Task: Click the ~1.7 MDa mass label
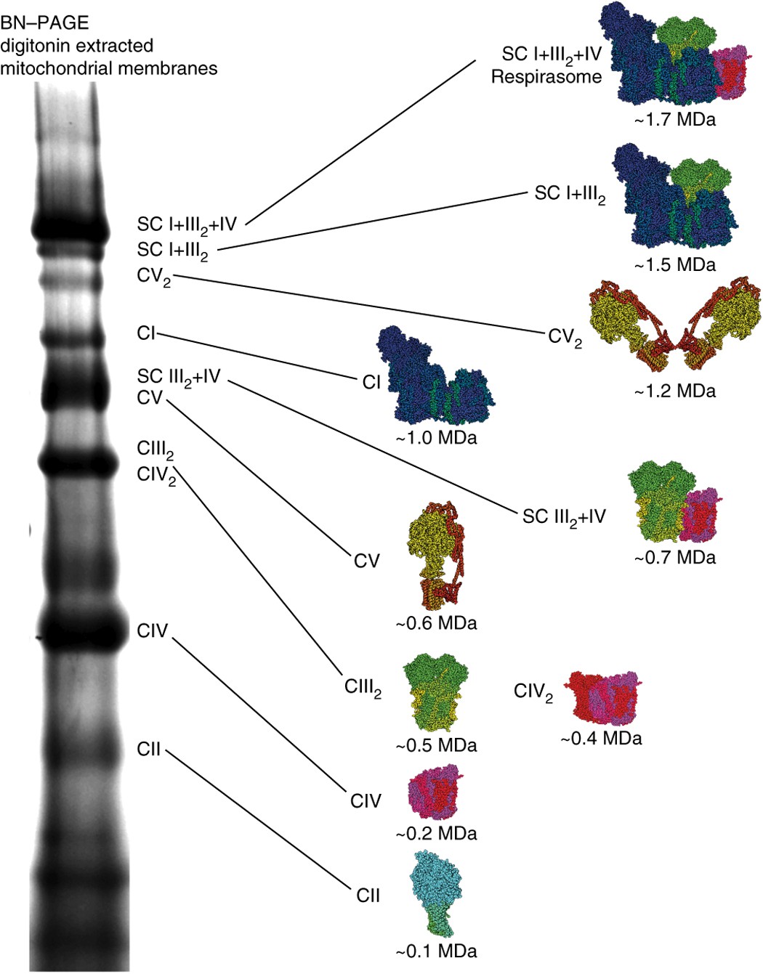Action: point(675,120)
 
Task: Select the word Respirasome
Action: point(546,77)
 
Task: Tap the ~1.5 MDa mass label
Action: point(675,265)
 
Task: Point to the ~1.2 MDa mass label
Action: point(675,391)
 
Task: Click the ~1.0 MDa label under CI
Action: point(437,439)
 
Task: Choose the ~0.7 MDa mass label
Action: point(675,558)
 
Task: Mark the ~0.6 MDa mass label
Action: point(437,623)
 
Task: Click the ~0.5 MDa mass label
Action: point(437,746)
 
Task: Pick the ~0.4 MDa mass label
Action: point(602,739)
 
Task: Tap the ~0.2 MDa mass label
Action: point(437,833)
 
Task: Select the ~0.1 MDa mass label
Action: point(437,951)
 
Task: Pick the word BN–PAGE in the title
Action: point(44,23)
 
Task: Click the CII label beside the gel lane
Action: point(148,750)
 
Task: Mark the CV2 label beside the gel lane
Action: point(153,277)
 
